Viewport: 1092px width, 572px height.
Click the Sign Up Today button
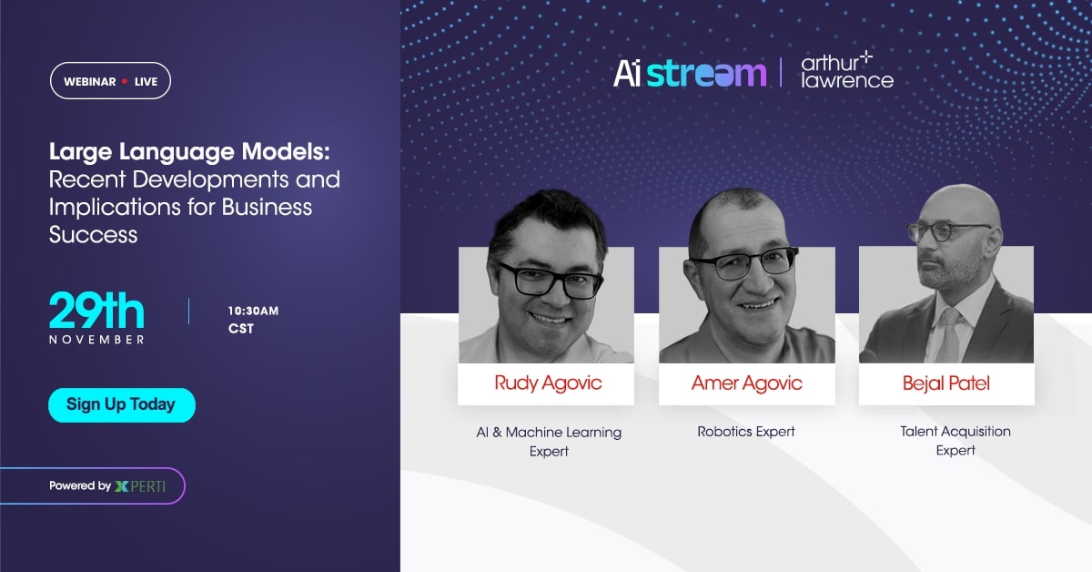(122, 404)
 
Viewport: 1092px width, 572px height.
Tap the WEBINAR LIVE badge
(110, 81)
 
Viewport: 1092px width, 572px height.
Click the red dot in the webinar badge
(125, 81)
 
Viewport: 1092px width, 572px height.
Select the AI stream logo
(689, 73)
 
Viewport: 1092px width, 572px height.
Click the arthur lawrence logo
(846, 71)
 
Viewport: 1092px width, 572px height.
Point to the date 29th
(96, 312)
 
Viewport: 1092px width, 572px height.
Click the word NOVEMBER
(96, 340)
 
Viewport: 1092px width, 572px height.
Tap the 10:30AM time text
(253, 312)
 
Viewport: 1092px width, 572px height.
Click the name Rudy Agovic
(548, 383)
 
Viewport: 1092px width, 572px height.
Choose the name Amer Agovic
(746, 383)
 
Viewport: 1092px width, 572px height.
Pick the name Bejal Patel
(945, 383)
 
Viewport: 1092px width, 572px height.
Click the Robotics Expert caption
(746, 432)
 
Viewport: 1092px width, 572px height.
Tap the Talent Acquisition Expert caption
(955, 440)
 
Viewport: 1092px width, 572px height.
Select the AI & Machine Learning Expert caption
(549, 442)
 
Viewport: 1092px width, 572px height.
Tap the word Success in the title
(93, 234)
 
